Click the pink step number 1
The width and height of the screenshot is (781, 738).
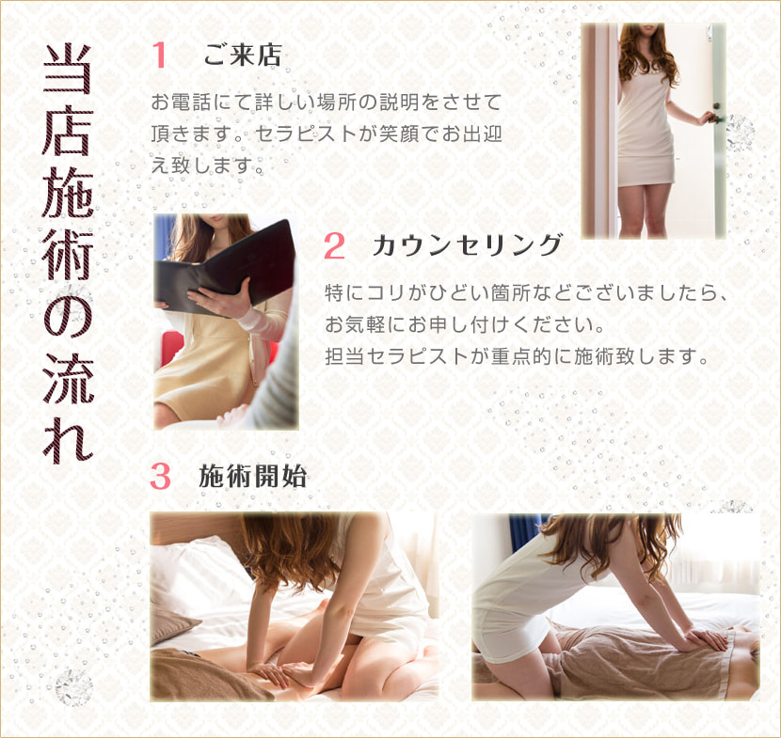159,55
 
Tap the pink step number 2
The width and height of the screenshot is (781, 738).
334,245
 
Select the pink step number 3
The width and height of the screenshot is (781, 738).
160,477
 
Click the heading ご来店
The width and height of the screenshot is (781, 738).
242,55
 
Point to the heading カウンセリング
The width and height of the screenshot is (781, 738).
468,244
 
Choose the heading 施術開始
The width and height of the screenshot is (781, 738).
252,476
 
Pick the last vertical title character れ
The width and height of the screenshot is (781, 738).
68,438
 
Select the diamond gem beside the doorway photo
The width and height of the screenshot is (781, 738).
740,133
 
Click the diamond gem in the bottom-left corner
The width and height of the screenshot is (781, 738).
73,688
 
